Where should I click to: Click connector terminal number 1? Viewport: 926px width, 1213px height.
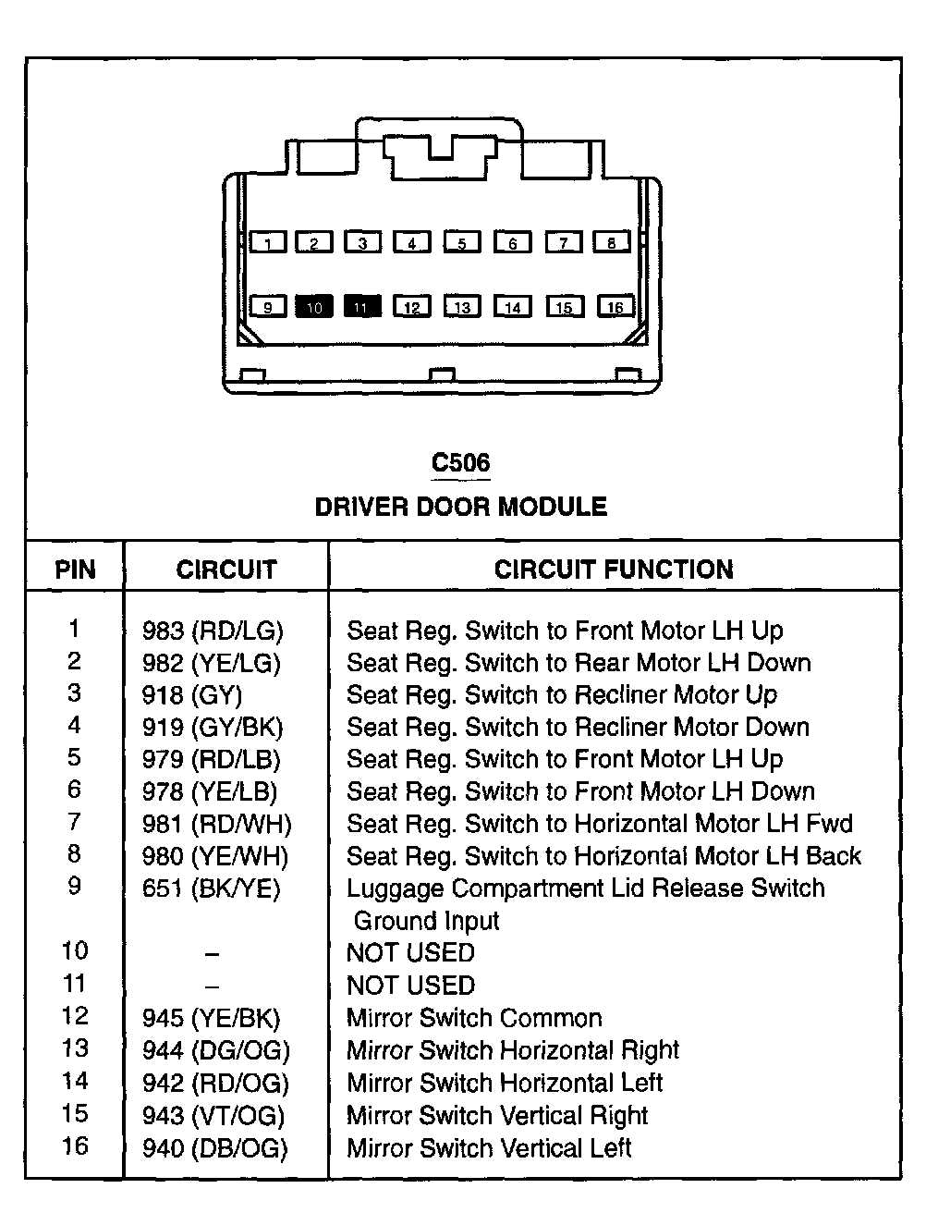click(268, 243)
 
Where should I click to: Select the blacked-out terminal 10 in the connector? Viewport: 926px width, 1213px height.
click(314, 307)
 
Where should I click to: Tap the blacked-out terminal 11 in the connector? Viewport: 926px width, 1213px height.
click(362, 307)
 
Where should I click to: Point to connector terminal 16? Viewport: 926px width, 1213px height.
click(615, 307)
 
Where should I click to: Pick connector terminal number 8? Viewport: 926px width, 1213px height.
click(612, 243)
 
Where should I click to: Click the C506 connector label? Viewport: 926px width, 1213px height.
click(461, 462)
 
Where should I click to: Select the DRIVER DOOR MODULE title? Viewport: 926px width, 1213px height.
click(461, 507)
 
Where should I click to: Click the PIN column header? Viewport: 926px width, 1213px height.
click(75, 569)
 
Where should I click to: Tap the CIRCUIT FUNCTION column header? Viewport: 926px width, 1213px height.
click(614, 569)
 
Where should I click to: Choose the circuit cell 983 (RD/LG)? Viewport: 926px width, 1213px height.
click(213, 631)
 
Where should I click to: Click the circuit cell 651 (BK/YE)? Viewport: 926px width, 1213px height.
click(211, 888)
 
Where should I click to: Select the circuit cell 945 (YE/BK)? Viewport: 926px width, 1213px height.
click(211, 1019)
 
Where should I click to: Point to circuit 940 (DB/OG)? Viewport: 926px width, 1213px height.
click(214, 1148)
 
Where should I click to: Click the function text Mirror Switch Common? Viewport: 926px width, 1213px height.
click(474, 1019)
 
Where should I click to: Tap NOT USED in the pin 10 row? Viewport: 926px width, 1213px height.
click(410, 953)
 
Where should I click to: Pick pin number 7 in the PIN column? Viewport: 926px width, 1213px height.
click(74, 822)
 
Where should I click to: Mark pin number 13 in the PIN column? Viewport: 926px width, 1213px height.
click(74, 1048)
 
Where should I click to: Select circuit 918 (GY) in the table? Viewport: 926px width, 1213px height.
click(192, 695)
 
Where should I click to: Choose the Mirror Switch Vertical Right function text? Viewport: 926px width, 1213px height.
click(497, 1116)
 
